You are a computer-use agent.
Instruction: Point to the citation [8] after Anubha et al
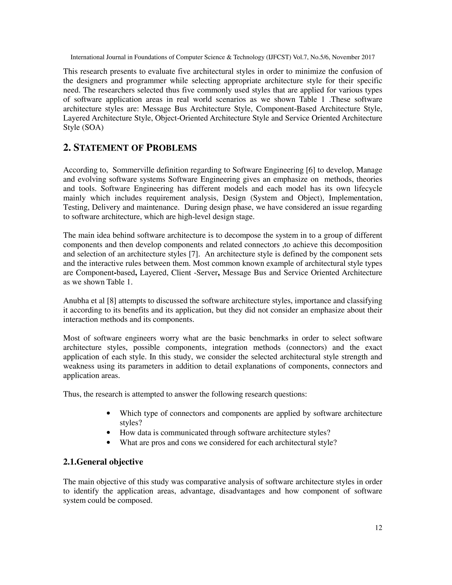(x=111, y=301)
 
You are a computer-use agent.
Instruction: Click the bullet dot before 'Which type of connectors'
(x=108, y=413)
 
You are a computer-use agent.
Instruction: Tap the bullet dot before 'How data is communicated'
(x=108, y=433)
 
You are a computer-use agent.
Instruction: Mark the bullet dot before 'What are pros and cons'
(x=108, y=443)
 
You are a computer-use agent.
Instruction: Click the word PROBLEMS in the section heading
(x=171, y=148)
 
